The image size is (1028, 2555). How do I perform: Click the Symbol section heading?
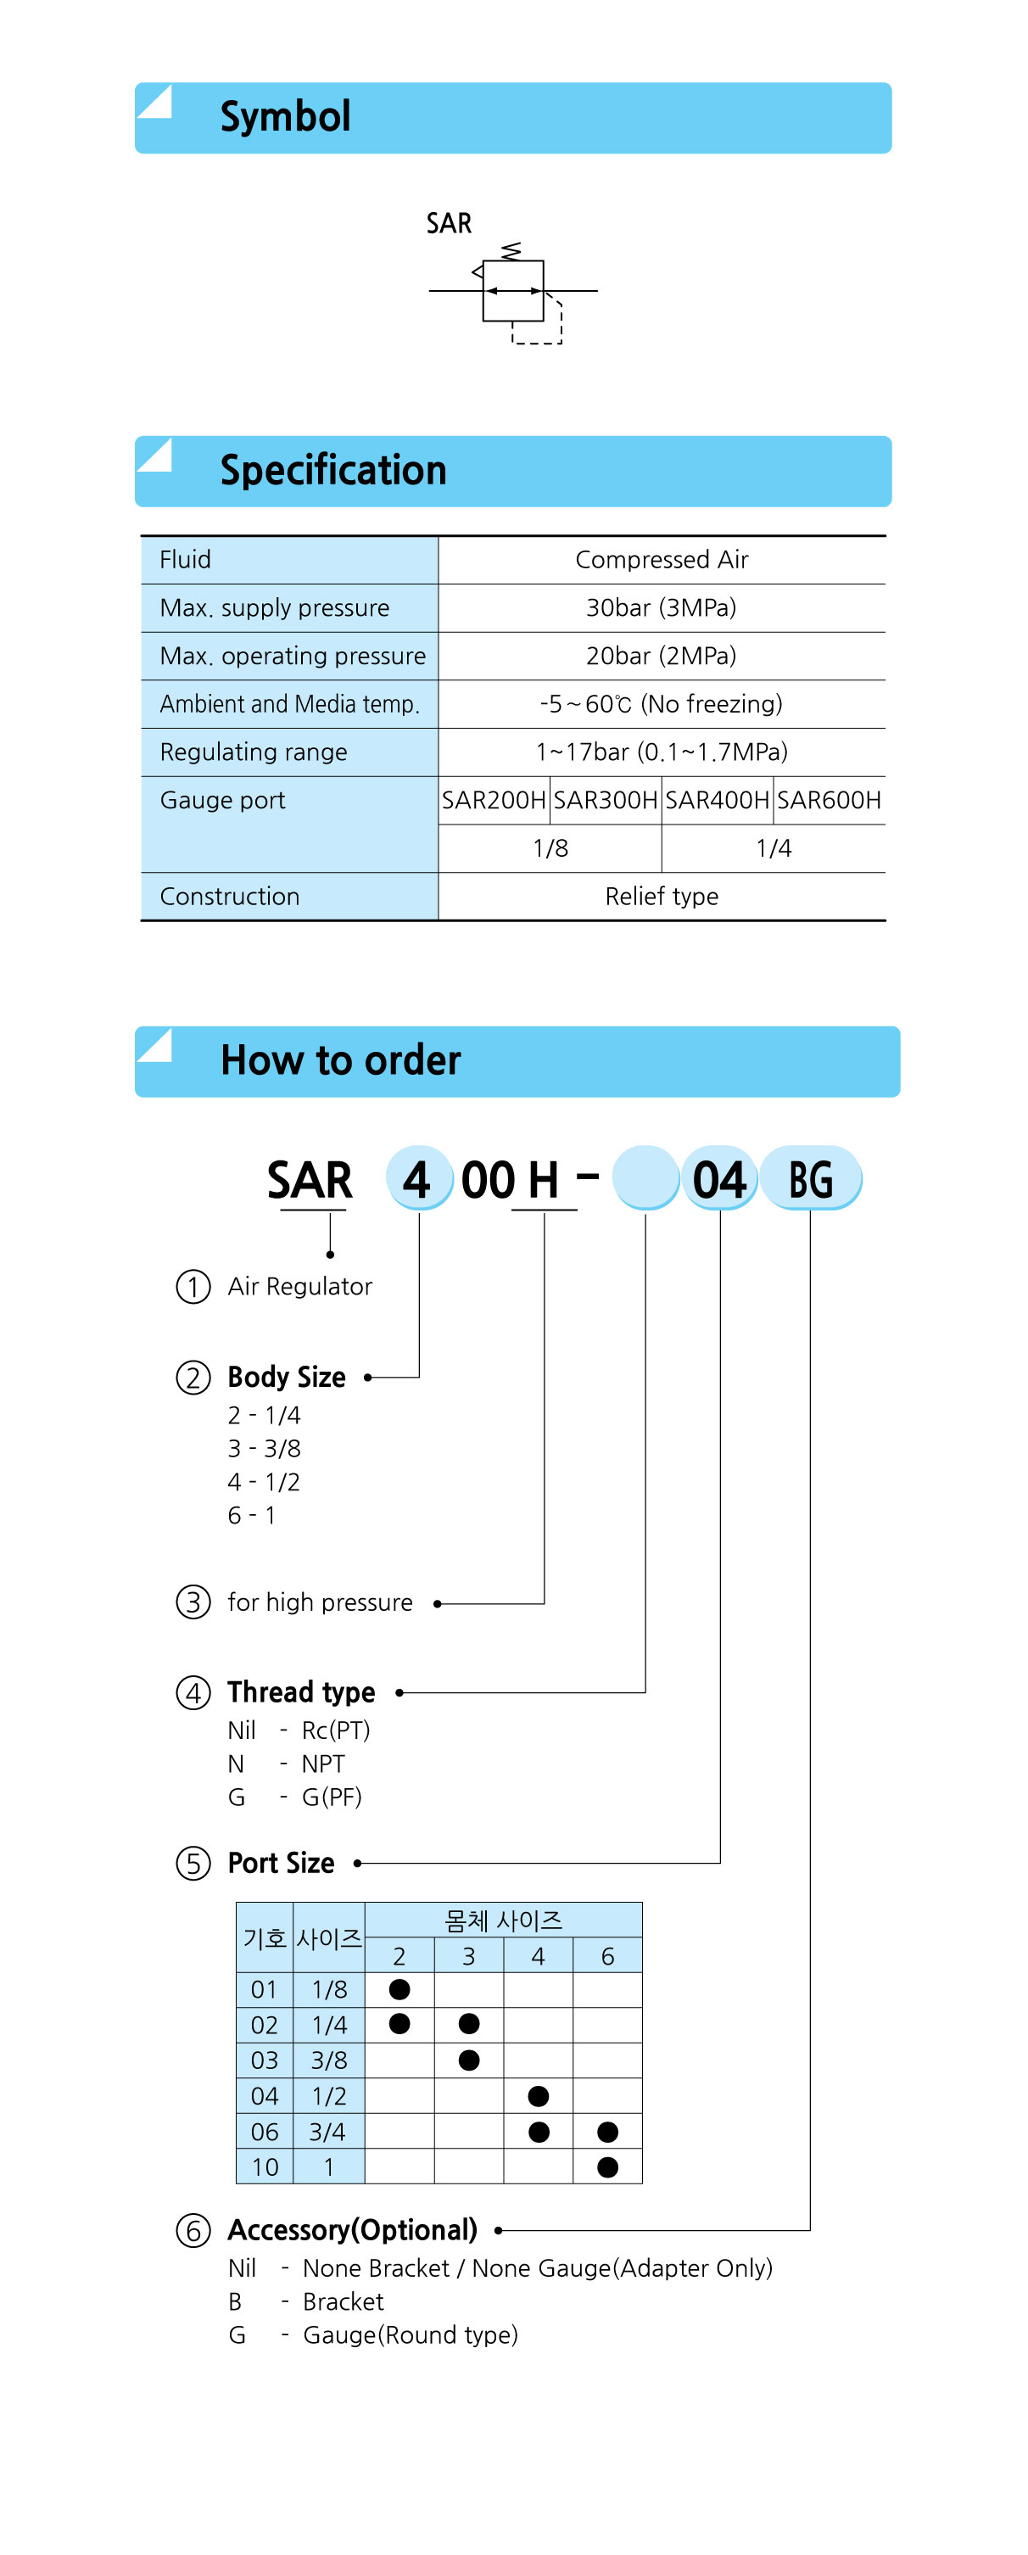[286, 117]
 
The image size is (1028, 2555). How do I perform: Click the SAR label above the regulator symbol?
[449, 223]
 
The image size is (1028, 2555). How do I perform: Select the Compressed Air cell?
[662, 559]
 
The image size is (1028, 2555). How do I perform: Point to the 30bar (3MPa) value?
[662, 607]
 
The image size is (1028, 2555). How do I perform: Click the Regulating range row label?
[254, 752]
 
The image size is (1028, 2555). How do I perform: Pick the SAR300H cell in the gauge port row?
[606, 799]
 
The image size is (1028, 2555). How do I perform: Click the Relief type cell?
[662, 896]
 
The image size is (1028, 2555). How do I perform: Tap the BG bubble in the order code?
[811, 1179]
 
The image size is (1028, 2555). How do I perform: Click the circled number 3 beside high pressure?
[193, 1602]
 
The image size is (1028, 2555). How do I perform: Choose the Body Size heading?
[287, 1377]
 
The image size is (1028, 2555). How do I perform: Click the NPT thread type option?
[323, 1764]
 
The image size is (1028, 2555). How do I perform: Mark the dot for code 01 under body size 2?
[399, 1988]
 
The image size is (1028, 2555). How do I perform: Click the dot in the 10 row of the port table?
[607, 2167]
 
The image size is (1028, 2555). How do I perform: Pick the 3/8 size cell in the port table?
[329, 2060]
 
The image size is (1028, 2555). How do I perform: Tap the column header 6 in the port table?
[607, 1956]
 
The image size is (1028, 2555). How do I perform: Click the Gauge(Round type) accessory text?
[411, 2334]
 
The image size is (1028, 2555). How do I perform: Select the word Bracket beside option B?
[343, 2301]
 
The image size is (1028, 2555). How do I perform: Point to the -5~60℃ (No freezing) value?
[662, 704]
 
